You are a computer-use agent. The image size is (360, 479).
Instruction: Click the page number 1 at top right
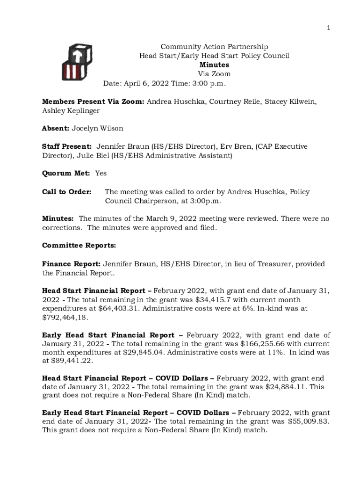click(x=328, y=28)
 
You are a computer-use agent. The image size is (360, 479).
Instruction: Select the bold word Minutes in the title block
click(x=214, y=65)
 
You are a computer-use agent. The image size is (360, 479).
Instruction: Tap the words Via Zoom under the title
click(x=214, y=74)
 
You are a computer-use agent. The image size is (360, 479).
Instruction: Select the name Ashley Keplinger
click(x=71, y=111)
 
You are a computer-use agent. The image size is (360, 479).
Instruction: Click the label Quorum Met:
click(x=66, y=173)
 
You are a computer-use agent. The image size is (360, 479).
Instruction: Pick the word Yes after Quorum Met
click(x=101, y=173)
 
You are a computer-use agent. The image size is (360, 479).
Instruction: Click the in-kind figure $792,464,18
click(x=65, y=318)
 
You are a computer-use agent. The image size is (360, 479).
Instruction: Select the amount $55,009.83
click(x=307, y=422)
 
